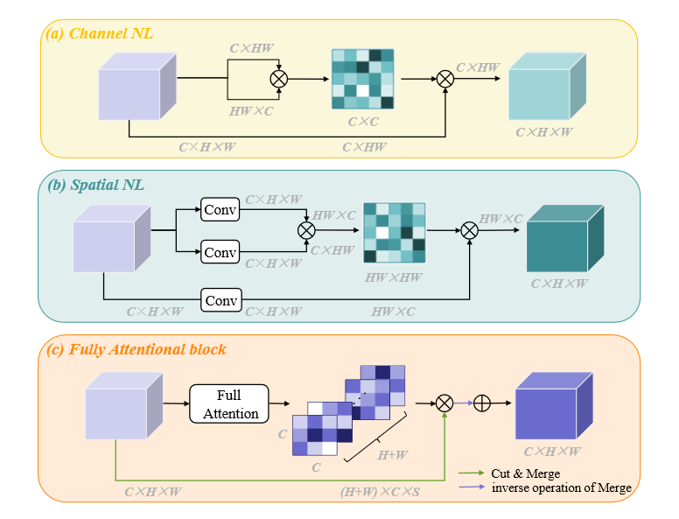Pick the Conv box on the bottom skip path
point(220,300)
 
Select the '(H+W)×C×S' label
point(381,493)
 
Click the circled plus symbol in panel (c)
point(482,403)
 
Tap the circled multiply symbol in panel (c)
point(444,403)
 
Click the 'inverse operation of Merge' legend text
point(561,487)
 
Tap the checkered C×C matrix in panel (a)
point(362,79)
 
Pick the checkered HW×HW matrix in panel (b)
point(395,233)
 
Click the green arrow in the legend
point(468,473)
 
